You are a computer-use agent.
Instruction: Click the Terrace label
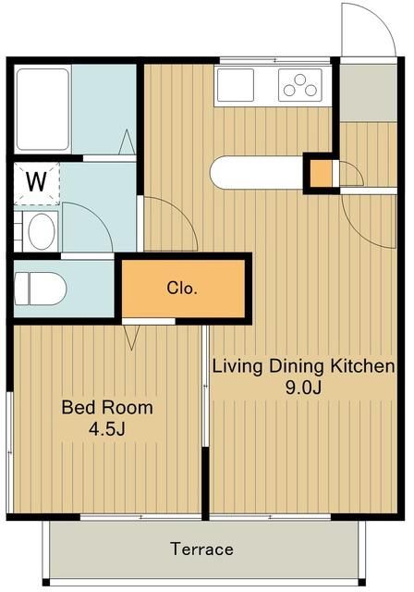click(201, 549)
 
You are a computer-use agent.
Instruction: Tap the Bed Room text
click(107, 408)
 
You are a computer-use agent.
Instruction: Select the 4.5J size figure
click(106, 429)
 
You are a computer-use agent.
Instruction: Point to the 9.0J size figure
click(303, 388)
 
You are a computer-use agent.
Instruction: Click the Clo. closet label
click(182, 289)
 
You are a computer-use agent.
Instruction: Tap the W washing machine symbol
click(37, 182)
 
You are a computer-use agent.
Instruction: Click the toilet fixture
click(40, 289)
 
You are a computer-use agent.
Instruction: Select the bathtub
click(43, 109)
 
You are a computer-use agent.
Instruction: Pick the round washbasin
click(42, 231)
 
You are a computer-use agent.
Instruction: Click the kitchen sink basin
click(236, 85)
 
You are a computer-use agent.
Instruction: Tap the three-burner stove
click(300, 85)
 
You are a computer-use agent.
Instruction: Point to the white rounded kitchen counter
click(257, 172)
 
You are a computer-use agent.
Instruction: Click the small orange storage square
click(321, 173)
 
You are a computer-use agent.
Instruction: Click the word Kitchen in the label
click(362, 366)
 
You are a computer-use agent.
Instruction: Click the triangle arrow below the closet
click(132, 337)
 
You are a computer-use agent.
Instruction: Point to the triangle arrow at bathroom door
click(127, 142)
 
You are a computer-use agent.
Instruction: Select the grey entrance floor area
click(369, 92)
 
